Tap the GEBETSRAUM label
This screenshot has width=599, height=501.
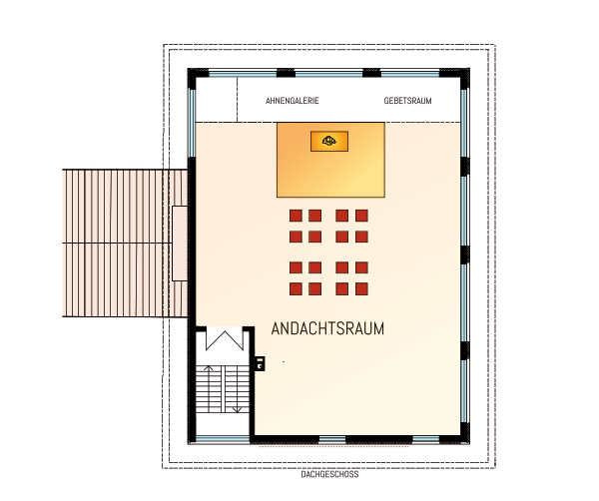407,102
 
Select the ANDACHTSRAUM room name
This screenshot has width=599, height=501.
328,327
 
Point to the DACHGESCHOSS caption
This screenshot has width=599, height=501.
329,475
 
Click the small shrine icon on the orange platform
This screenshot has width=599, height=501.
329,142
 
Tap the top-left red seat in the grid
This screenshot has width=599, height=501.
296,216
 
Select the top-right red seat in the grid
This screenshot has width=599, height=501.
361,216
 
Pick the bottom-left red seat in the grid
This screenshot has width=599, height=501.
296,288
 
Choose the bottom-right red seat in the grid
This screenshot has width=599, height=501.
361,288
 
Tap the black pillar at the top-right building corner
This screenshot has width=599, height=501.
462,75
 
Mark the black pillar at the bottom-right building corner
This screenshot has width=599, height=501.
462,433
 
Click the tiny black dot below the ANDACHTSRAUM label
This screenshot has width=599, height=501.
284,360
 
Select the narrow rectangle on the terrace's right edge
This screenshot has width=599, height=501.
178,243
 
